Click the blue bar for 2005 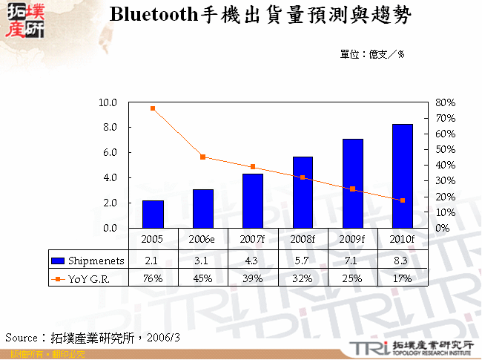153,214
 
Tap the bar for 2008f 303,192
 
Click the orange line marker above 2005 153,108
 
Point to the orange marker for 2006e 202,157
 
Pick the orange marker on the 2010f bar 403,200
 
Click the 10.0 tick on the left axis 108,102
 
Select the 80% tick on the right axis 444,102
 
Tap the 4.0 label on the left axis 110,177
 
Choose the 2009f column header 353,240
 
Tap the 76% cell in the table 153,278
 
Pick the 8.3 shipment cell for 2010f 403,260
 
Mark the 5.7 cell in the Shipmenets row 303,260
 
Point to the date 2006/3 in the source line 164,337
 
